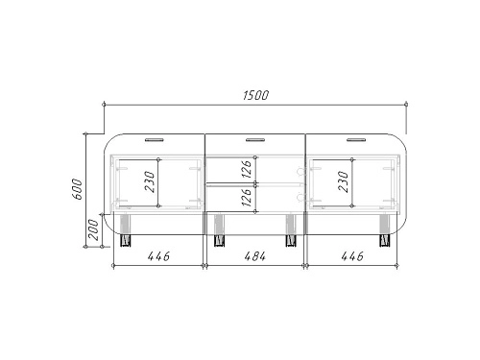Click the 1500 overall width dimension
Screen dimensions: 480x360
coord(255,95)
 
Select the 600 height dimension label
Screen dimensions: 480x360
coord(78,189)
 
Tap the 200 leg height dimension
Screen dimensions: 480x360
coord(94,229)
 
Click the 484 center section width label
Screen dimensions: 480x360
coord(255,256)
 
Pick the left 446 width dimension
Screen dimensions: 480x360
coord(158,256)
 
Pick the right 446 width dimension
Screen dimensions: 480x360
coord(352,256)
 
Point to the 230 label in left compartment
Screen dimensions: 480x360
coord(150,181)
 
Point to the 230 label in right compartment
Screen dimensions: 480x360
coord(343,181)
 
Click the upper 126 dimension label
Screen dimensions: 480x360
coord(247,169)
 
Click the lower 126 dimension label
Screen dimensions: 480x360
coord(247,197)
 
